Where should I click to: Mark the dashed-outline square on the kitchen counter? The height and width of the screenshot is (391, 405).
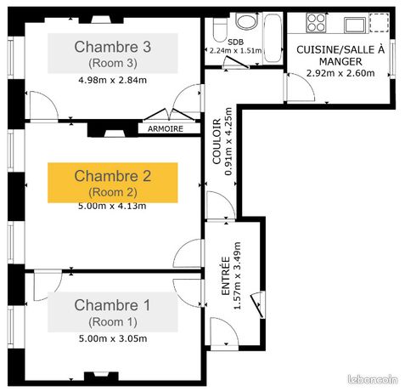(379, 23)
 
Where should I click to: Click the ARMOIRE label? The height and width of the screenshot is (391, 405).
(171, 130)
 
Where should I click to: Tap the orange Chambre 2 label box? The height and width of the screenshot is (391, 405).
(112, 183)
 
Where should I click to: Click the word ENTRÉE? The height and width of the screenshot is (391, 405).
(225, 275)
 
